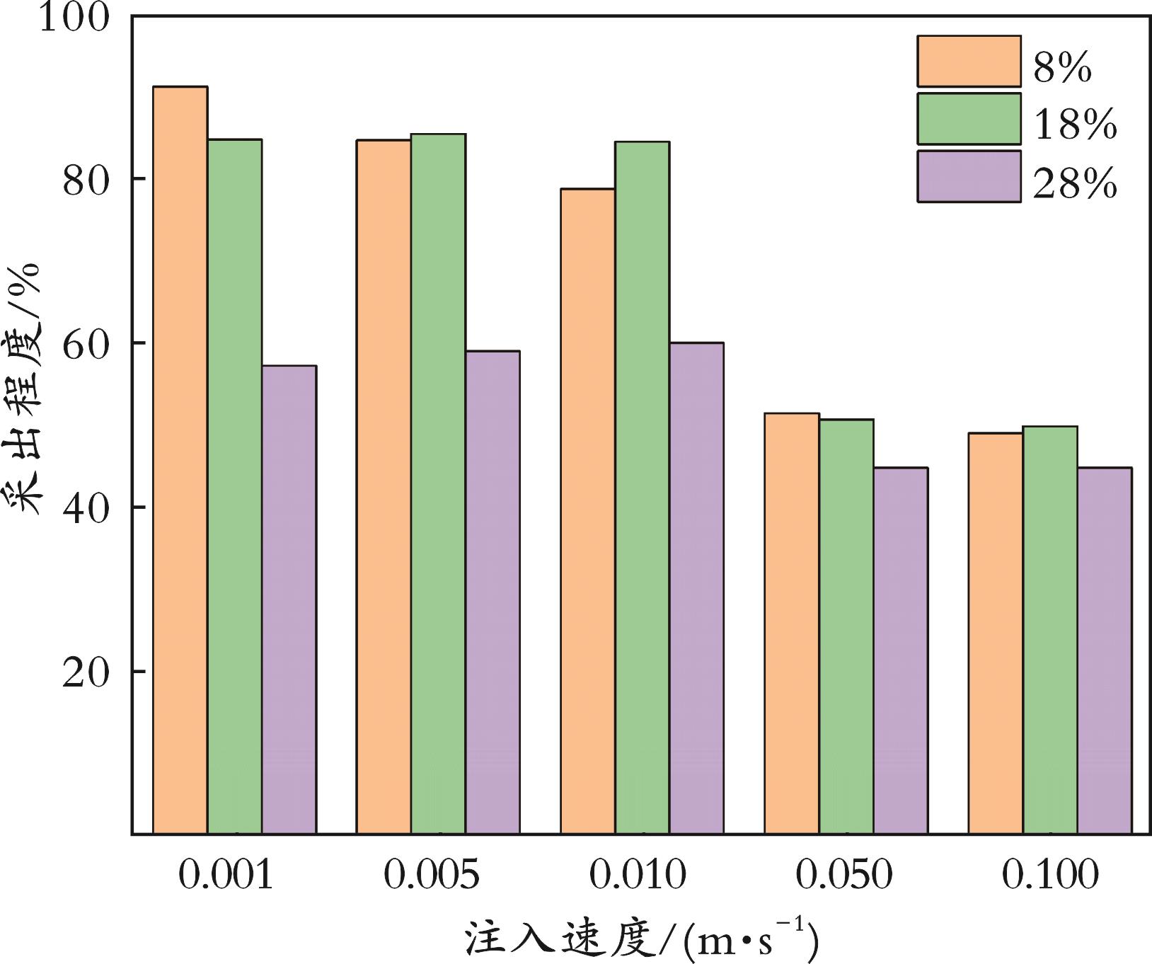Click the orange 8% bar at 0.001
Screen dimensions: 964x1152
point(180,460)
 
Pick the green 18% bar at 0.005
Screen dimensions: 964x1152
point(439,484)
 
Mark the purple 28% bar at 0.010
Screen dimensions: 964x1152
point(697,588)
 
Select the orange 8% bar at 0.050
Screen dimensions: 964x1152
point(792,624)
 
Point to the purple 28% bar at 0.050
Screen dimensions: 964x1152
point(901,651)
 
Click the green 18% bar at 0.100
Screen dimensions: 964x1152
point(1050,631)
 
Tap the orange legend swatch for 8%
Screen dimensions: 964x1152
point(969,61)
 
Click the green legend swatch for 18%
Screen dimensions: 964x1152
point(969,119)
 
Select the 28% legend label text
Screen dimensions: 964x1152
point(1075,184)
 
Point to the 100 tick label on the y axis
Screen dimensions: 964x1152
point(74,17)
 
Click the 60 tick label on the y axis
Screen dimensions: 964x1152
point(86,343)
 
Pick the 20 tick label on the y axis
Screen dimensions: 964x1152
point(86,672)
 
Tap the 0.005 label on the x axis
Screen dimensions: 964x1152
point(431,876)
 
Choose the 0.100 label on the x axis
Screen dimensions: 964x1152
point(1050,876)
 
